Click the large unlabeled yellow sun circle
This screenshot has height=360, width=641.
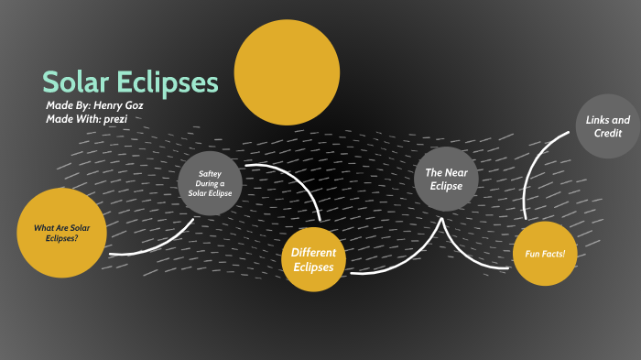click(x=287, y=71)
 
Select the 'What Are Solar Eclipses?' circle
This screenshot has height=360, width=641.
click(x=62, y=233)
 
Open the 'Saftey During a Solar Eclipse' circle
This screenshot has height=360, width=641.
click(x=210, y=183)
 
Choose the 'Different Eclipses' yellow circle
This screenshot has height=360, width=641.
click(x=314, y=259)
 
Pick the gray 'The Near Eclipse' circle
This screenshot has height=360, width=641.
click(x=446, y=179)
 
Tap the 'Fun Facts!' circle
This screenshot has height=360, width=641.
click(x=545, y=253)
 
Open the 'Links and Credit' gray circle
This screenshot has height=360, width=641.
click(x=608, y=126)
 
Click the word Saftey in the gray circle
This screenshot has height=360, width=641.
click(x=211, y=172)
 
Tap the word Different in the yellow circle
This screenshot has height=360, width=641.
click(x=314, y=252)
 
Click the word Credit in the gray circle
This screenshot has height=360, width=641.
click(x=608, y=134)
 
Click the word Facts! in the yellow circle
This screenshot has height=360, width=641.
click(x=555, y=253)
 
